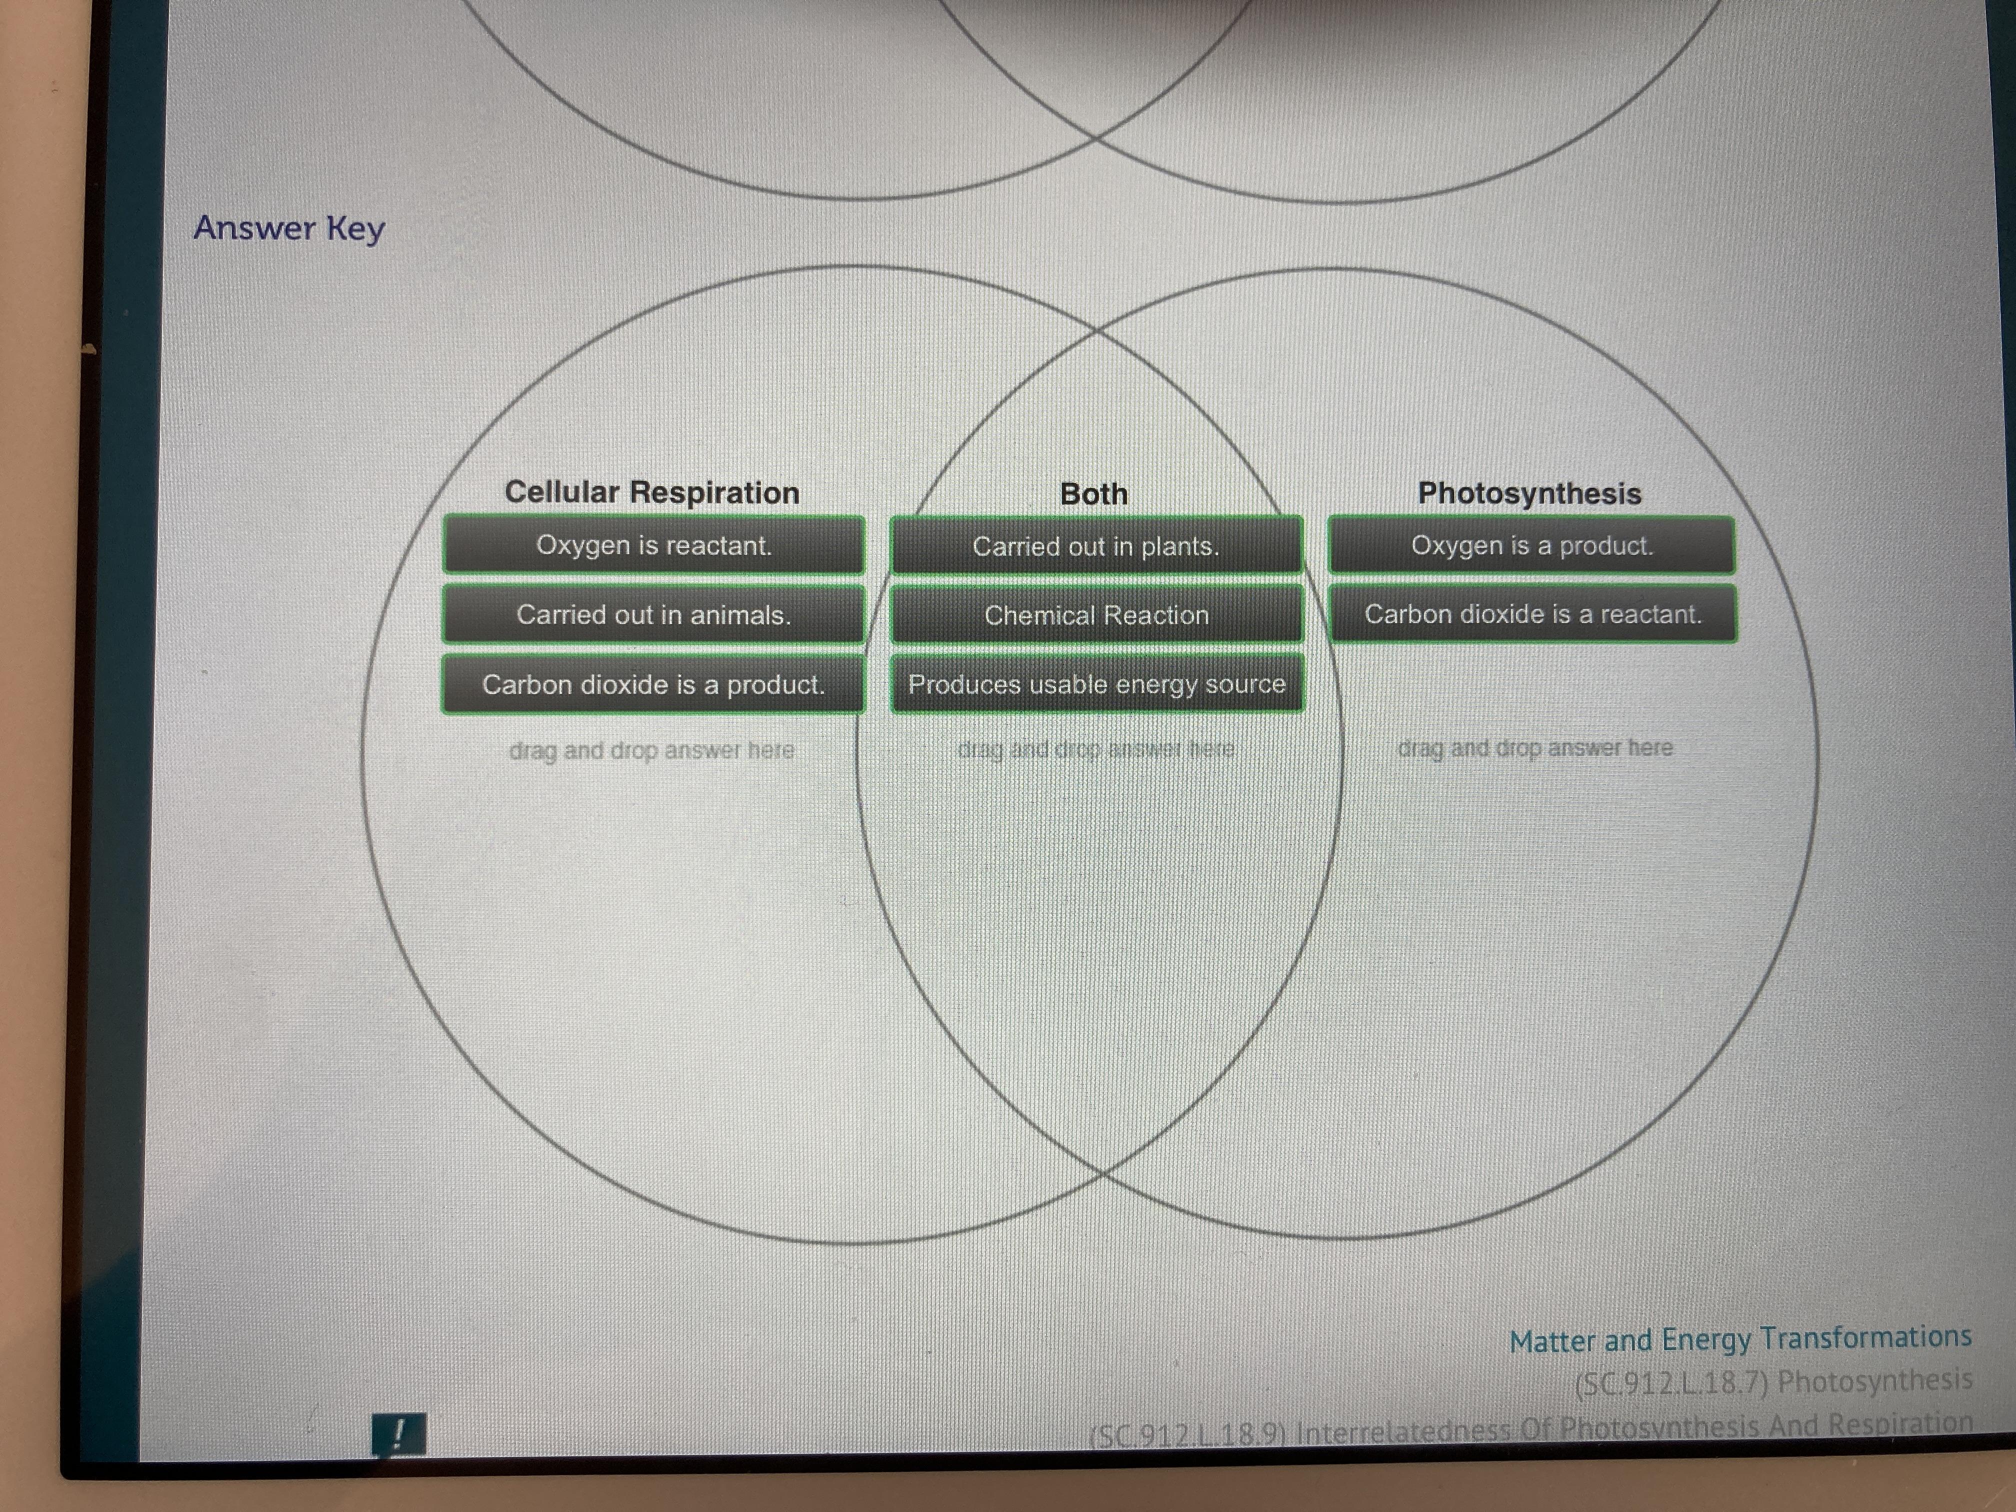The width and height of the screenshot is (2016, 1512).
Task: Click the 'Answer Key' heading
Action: coord(289,228)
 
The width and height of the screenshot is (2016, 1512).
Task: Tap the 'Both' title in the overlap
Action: coord(1093,494)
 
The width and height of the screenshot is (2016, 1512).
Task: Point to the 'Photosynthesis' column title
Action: coord(1529,493)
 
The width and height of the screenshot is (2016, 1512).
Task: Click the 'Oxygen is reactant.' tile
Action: coord(653,545)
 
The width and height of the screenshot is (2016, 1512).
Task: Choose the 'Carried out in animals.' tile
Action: coord(653,614)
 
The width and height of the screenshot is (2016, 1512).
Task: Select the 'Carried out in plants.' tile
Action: coord(1095,546)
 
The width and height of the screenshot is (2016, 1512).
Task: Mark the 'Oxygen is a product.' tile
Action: coord(1531,545)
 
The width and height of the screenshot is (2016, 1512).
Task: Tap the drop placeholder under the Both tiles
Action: coord(1095,749)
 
